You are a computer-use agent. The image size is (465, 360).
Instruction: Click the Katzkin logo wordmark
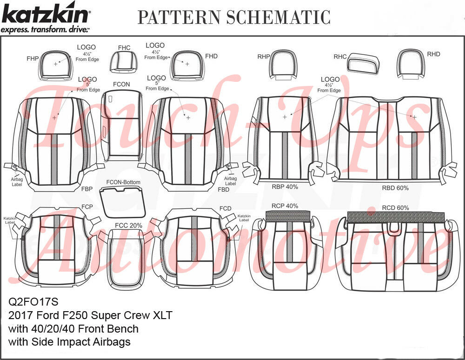46,15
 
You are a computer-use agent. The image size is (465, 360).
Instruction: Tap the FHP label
33,59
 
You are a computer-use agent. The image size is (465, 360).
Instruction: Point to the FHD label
211,56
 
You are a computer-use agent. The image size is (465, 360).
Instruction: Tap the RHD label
433,54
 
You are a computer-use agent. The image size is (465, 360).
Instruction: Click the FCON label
121,84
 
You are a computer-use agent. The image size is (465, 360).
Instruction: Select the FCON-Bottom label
123,182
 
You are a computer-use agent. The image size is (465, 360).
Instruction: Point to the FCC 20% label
128,226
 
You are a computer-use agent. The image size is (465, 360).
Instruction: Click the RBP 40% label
285,187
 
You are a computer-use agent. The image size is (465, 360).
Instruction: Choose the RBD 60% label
395,188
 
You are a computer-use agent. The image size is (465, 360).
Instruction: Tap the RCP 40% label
285,206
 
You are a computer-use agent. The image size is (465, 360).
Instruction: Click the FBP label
87,190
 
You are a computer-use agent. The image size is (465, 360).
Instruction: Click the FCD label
226,208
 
